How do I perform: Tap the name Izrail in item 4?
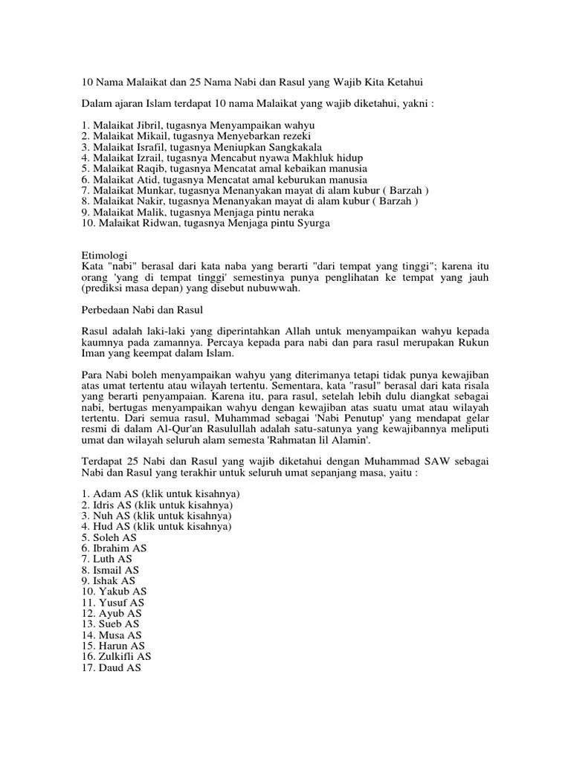coord(146,158)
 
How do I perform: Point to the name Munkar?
coord(151,190)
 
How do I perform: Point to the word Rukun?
coord(473,342)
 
